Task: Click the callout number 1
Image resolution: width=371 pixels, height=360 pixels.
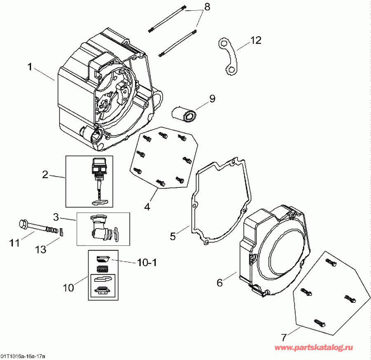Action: click(x=30, y=67)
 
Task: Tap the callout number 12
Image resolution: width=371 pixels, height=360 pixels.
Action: click(x=255, y=40)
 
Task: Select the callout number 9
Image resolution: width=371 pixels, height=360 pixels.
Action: click(x=212, y=98)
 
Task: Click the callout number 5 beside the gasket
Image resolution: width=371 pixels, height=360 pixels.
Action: click(x=173, y=236)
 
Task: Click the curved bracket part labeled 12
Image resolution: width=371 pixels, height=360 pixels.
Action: click(x=228, y=57)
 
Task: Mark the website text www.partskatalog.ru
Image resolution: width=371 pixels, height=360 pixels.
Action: click(x=319, y=348)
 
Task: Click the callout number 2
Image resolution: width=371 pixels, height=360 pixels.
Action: click(x=45, y=174)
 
